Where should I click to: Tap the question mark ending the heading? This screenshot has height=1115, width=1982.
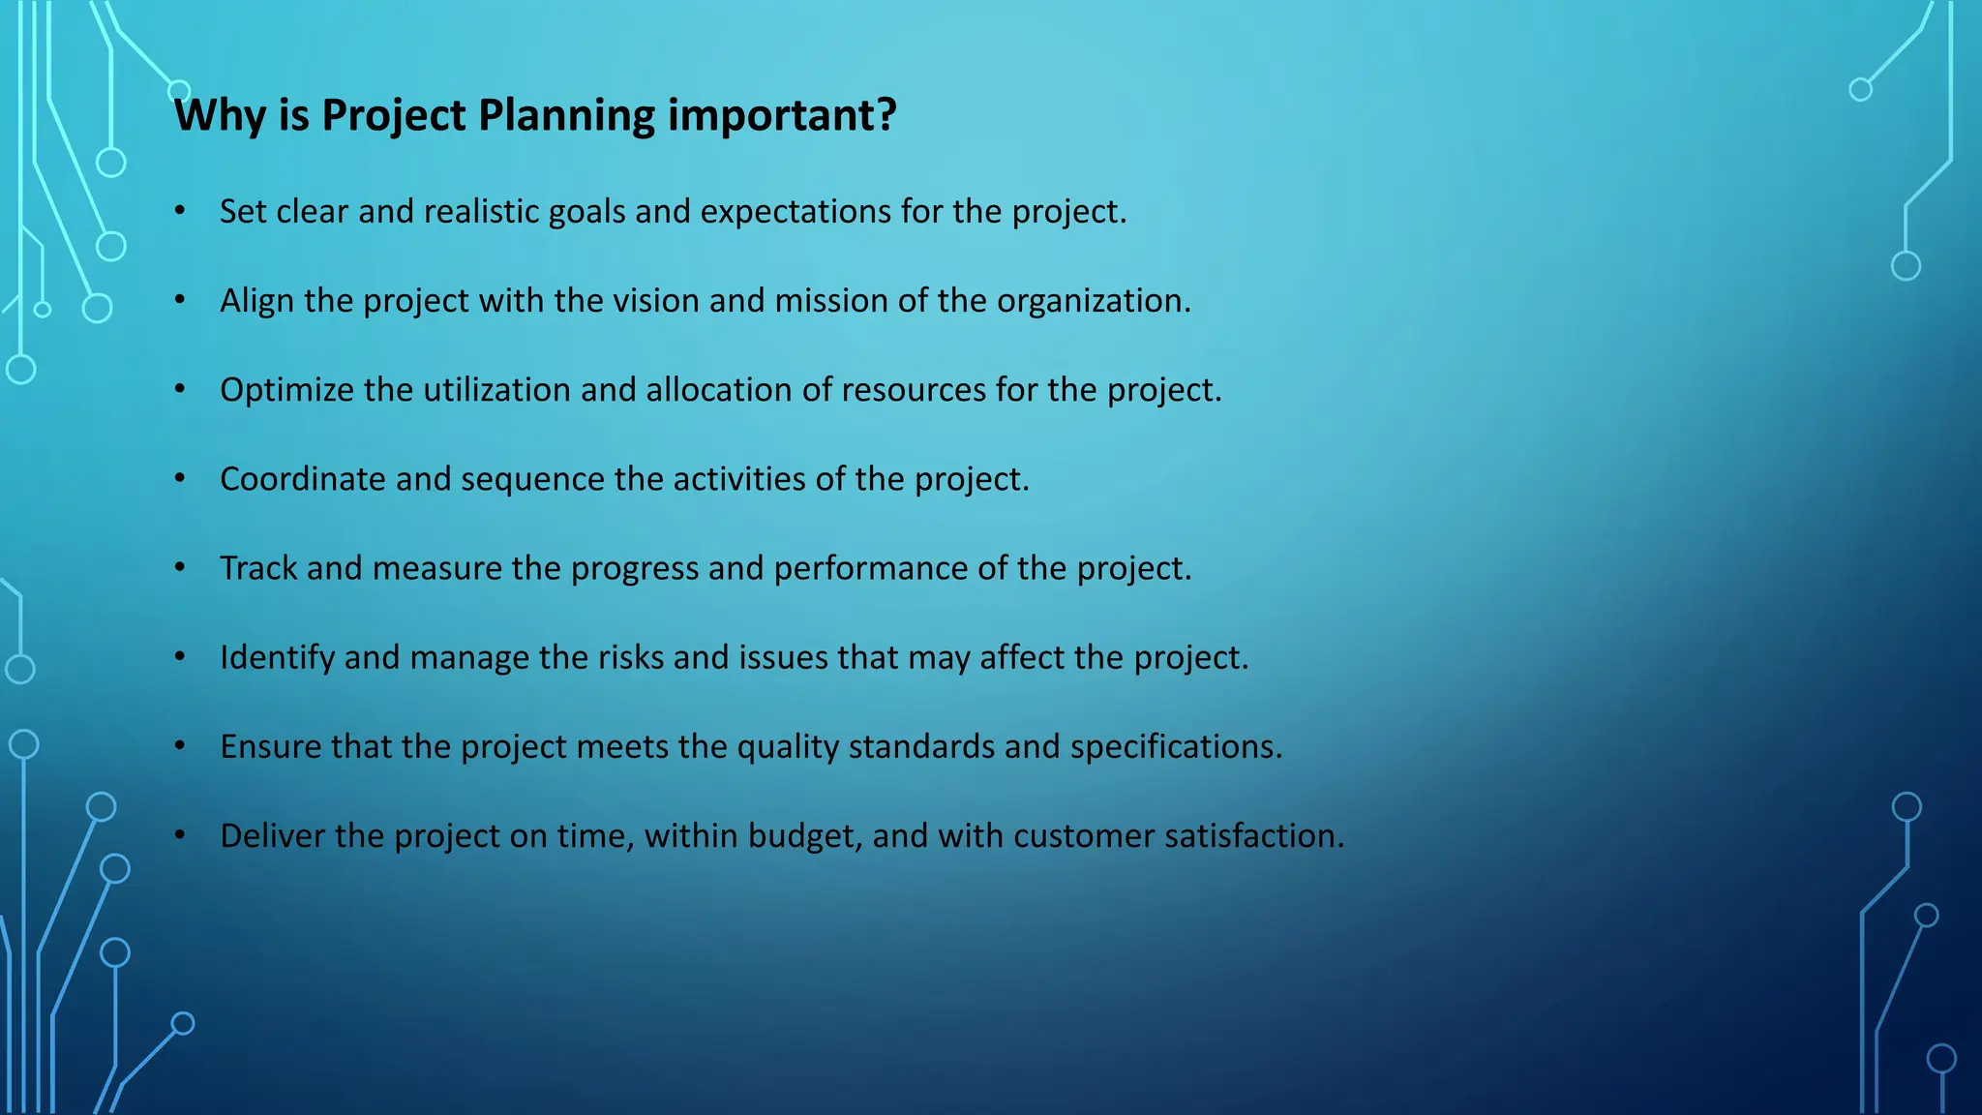coord(886,114)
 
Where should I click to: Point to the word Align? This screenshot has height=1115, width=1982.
coord(256,301)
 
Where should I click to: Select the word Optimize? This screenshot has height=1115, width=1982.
coord(286,391)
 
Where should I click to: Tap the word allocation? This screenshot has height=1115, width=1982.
coord(718,390)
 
